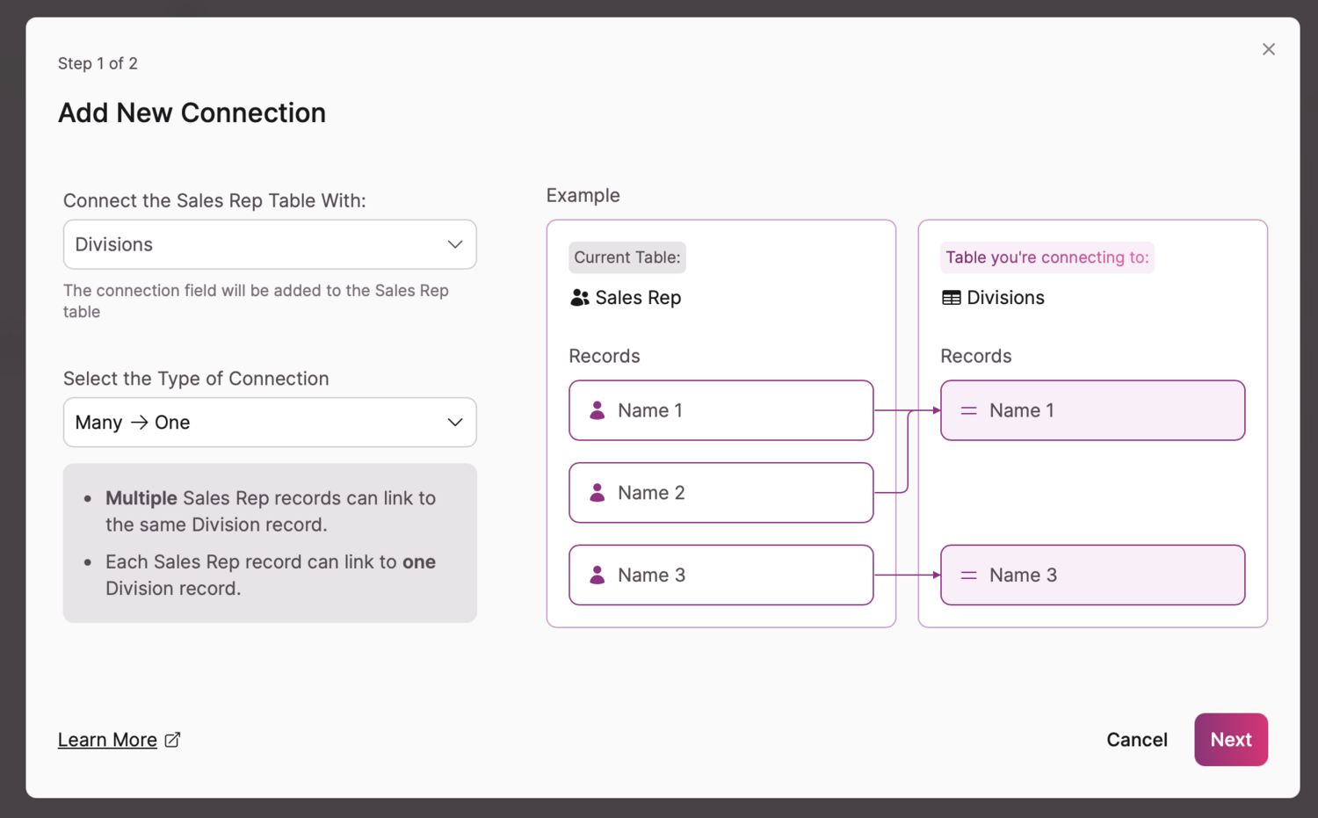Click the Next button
pos(1230,740)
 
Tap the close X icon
pos(1268,49)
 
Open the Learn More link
pos(107,740)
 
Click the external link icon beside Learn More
pos(173,740)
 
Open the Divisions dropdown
pos(270,244)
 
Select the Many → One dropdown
pos(270,423)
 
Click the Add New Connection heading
pos(192,112)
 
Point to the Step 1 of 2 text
pos(98,63)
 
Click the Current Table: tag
pos(626,257)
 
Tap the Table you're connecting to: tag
pos(1046,257)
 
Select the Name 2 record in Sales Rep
pos(721,493)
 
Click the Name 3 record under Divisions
pos(1092,575)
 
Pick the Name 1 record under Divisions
pos(1092,410)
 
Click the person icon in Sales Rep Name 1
pos(597,410)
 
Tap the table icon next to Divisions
pos(951,298)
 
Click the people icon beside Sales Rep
pos(580,298)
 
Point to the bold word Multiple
pos(141,498)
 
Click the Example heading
pos(583,195)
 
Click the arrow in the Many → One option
pos(139,423)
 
